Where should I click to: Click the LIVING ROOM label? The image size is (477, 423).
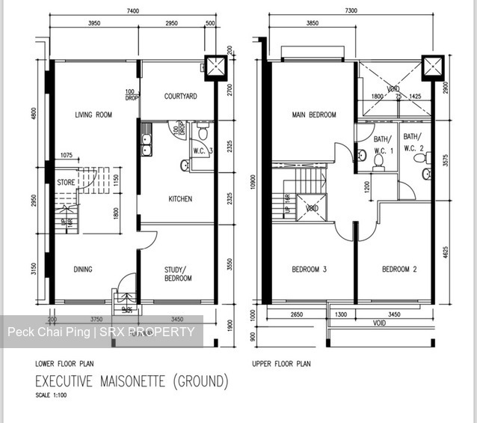click(x=93, y=115)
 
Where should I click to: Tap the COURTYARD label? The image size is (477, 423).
click(x=180, y=96)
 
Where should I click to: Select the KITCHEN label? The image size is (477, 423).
click(x=180, y=199)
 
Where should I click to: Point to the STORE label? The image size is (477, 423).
click(x=66, y=182)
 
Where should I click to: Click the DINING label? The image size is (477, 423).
click(x=82, y=270)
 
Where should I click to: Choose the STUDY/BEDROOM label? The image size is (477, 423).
click(x=178, y=274)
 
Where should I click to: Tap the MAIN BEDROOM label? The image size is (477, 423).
click(x=313, y=115)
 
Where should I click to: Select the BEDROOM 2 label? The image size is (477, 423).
click(x=399, y=270)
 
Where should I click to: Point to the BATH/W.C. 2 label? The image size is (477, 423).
click(x=413, y=142)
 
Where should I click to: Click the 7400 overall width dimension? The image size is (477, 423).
click(x=133, y=12)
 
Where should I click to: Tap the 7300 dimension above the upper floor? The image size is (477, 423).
click(x=351, y=12)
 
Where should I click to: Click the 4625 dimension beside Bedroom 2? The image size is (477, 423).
click(x=446, y=252)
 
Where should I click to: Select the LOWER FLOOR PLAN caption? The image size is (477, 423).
click(x=64, y=363)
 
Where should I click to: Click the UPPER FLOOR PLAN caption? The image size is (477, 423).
click(x=282, y=363)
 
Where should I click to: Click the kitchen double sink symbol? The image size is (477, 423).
click(x=146, y=143)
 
